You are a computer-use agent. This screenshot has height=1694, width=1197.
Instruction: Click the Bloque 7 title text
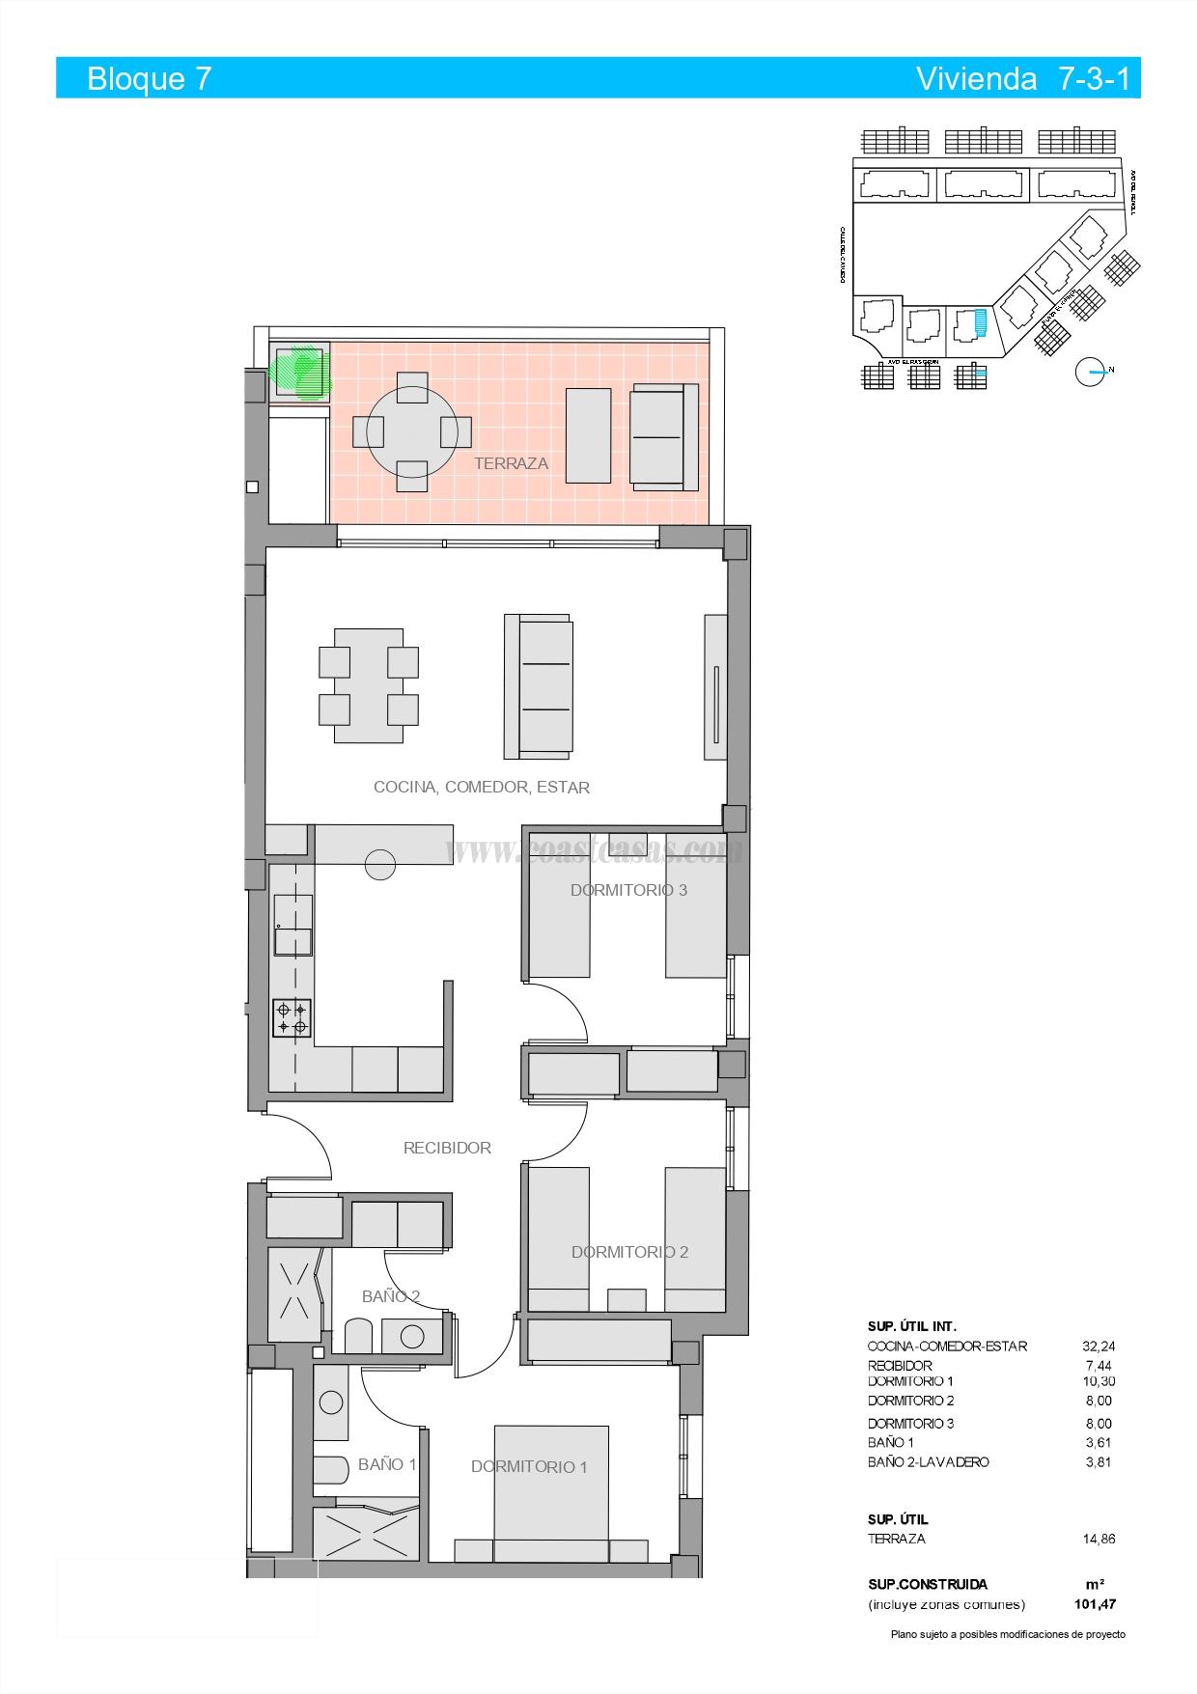[149, 78]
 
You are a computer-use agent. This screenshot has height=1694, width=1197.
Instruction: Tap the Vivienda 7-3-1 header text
[1022, 78]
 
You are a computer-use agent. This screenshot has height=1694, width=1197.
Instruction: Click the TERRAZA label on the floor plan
[511, 463]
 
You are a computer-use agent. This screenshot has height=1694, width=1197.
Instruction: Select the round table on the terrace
[412, 431]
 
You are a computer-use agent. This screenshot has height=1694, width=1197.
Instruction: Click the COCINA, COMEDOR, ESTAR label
[481, 787]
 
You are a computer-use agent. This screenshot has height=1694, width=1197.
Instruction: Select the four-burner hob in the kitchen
[292, 1018]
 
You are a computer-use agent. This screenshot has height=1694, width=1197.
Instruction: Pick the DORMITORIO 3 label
[628, 890]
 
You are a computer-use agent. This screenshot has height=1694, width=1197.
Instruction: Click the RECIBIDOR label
[447, 1148]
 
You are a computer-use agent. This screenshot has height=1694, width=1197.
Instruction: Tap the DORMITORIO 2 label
[629, 1252]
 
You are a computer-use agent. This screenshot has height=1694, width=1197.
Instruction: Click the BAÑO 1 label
[387, 1464]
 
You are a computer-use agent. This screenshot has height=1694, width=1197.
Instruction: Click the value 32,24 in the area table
[1099, 1346]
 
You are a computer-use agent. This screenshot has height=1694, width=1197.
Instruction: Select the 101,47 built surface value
[1096, 1604]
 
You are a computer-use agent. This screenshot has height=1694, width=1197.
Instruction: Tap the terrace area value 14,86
[1099, 1539]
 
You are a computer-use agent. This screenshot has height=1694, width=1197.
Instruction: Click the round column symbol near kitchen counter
[380, 865]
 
